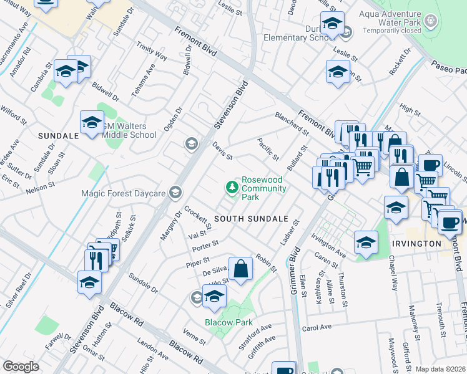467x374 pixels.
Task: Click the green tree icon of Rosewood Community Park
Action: pos(232,187)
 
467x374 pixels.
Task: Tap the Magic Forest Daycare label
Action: pos(124,193)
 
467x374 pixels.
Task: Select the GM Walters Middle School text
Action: pos(127,130)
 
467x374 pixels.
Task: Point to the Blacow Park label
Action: pos(229,322)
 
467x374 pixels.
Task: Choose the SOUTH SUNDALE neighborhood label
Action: pos(250,219)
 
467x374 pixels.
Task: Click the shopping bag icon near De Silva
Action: pos(241,269)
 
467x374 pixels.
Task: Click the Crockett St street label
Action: pos(199,219)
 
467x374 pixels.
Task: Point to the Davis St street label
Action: pos(222,150)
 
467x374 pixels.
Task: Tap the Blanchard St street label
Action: pos(292,123)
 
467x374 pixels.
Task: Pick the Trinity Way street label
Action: pos(152,50)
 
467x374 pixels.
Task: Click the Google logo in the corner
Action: pos(21,367)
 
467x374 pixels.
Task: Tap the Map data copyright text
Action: pos(440,369)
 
